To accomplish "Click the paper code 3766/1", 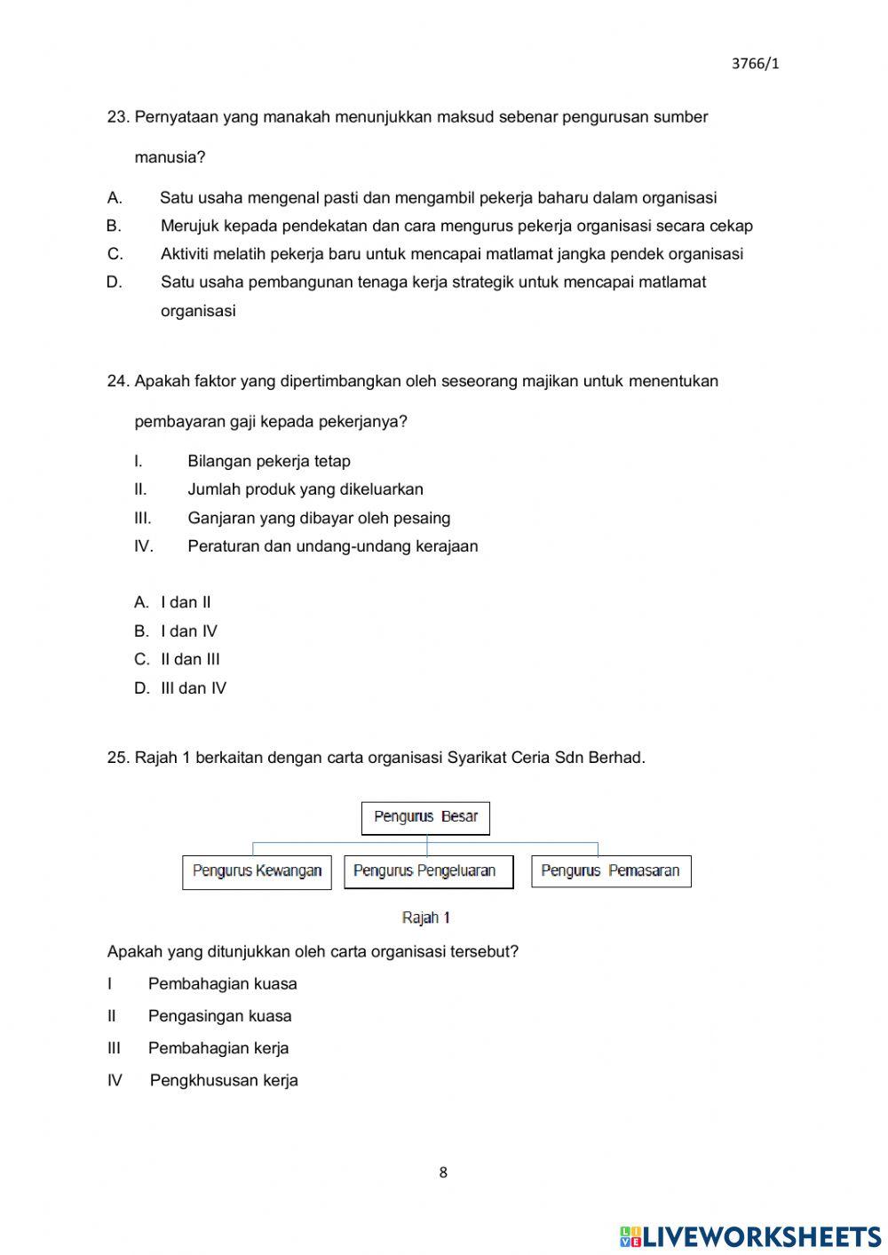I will coord(755,63).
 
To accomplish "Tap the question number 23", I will coord(117,117).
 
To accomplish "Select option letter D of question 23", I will coord(114,282).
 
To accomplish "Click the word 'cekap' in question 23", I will coord(730,226).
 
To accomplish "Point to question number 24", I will coord(117,381).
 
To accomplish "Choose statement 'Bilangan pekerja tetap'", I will coord(268,461).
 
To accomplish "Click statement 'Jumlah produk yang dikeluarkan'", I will coord(305,489).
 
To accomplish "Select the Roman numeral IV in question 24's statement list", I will coord(143,546).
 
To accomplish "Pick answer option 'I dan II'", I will coord(186,602).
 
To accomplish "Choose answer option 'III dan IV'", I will coord(193,688).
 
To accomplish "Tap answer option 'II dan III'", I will coord(190,659).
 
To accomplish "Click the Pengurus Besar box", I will coord(425,817).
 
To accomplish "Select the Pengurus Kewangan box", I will coord(257,871).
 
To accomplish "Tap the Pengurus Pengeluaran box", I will coord(428,871).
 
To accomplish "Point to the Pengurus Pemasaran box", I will coord(610,871).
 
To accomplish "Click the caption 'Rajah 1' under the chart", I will coord(426,917).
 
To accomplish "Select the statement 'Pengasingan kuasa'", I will coord(219,1016).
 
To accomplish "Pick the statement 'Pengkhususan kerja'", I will coord(224,1081).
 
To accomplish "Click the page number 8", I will coord(443,1172).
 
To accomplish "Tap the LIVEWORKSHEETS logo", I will coord(749,1235).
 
